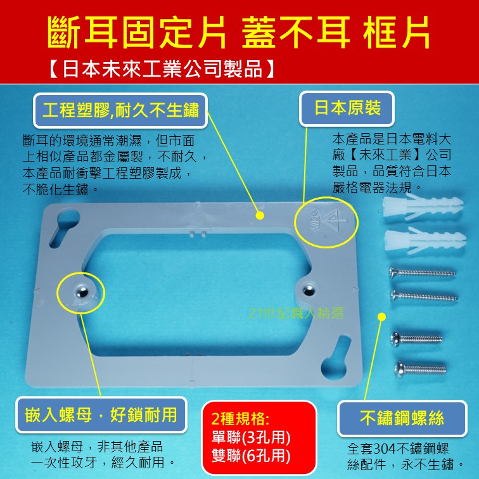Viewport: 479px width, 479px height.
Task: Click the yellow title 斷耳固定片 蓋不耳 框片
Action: [239, 32]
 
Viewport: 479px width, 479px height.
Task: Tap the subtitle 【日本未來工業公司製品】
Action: [162, 68]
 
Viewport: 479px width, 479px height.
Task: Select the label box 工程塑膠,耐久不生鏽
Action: [120, 110]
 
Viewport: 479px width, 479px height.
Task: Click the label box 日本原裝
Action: [347, 108]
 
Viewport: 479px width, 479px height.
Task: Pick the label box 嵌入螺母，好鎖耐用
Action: [101, 415]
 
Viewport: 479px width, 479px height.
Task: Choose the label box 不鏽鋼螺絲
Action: [402, 418]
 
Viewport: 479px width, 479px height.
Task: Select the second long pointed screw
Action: [424, 296]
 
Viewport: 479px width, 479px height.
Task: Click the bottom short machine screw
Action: [420, 369]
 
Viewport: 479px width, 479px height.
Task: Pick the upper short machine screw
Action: [416, 339]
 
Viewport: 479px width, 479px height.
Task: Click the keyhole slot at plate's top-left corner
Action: [63, 227]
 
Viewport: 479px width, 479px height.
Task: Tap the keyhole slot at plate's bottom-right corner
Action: [336, 357]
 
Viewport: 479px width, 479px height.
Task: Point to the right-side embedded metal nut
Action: [308, 290]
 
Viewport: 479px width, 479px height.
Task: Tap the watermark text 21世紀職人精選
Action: [297, 313]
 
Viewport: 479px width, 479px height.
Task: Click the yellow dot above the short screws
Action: [381, 317]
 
